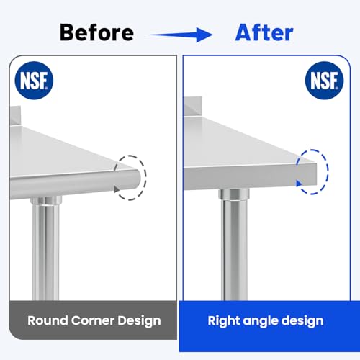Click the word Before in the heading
pyautogui.click(x=96, y=32)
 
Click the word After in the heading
pyautogui.click(x=264, y=32)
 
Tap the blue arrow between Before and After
pyautogui.click(x=180, y=35)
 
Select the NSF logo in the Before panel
pyautogui.click(x=34, y=81)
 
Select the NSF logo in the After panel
pyautogui.click(x=324, y=81)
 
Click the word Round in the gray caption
pyautogui.click(x=48, y=320)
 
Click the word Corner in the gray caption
pyautogui.click(x=92, y=320)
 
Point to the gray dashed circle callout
pyautogui.click(x=145, y=178)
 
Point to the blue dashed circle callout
pyautogui.click(x=328, y=171)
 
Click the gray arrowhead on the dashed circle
pyautogui.click(x=117, y=189)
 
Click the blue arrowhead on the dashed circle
pyautogui.click(x=299, y=184)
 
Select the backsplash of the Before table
pyautogui.click(x=15, y=116)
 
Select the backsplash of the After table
pyautogui.click(x=192, y=107)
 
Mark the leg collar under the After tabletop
pyautogui.click(x=234, y=194)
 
